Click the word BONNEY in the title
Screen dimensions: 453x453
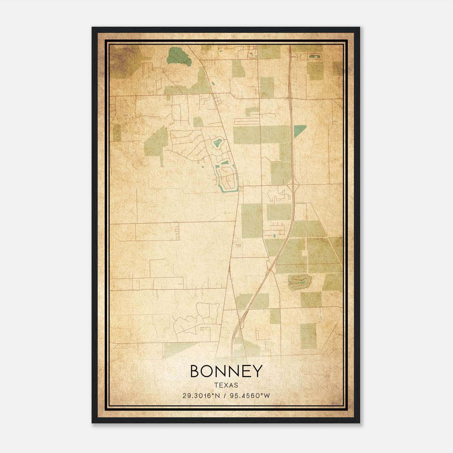pyautogui.click(x=226, y=371)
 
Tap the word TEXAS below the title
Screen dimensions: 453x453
pyautogui.click(x=226, y=385)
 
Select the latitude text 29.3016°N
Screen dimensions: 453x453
pyautogui.click(x=201, y=396)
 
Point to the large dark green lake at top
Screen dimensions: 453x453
pyautogui.click(x=178, y=56)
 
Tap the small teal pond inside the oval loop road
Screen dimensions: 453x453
pyautogui.click(x=217, y=142)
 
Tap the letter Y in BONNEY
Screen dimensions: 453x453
pyautogui.click(x=257, y=371)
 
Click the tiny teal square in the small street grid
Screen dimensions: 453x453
pyautogui.click(x=274, y=236)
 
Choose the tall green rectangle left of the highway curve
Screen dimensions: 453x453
pyautogui.click(x=251, y=221)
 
